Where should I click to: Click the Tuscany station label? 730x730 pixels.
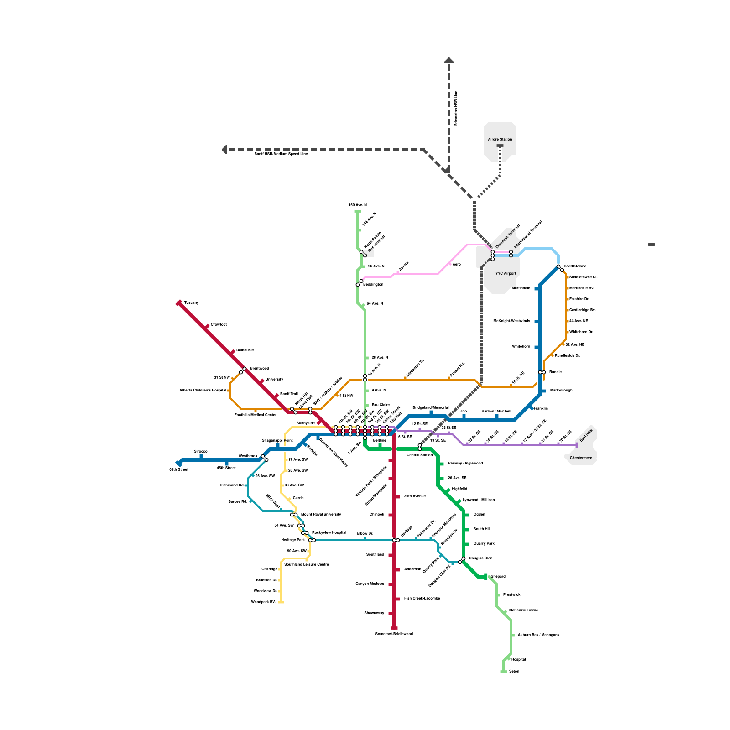tap(191, 303)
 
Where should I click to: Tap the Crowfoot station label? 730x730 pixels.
tap(219, 325)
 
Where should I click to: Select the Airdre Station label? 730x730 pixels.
tap(500, 140)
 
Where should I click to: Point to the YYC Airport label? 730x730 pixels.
tap(506, 274)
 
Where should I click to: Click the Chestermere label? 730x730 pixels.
tap(581, 458)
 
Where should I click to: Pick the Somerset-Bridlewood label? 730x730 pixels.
tap(394, 634)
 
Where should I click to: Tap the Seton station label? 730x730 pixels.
tap(514, 672)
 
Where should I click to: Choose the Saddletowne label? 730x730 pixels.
tap(575, 266)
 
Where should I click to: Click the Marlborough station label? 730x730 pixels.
tap(561, 391)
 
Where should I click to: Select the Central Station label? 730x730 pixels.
tap(419, 455)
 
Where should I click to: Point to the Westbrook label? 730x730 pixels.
tap(248, 456)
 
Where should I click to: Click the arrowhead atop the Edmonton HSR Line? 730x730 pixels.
tap(449, 60)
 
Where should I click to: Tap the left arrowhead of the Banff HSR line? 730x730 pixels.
tap(224, 150)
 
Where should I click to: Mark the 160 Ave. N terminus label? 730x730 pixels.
tap(358, 205)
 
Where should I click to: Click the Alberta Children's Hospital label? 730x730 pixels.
tap(203, 391)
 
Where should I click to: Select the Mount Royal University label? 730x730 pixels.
tap(321, 515)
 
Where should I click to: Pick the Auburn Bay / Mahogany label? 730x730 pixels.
tap(538, 635)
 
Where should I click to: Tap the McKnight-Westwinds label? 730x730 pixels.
tap(511, 321)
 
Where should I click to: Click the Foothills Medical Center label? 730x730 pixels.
tap(255, 415)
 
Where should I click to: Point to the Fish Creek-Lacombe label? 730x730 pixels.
tap(422, 599)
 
